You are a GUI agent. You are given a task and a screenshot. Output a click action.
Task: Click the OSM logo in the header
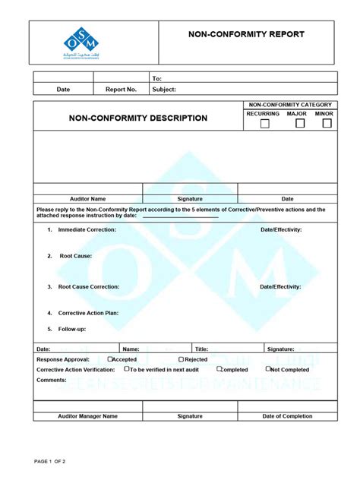click(x=81, y=43)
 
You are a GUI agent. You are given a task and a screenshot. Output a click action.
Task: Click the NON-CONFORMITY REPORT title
click(x=247, y=34)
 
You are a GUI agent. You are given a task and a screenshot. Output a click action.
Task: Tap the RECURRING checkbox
click(x=264, y=124)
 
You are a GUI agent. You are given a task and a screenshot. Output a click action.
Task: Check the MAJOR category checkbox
click(x=300, y=124)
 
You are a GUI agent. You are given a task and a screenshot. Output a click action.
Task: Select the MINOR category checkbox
click(x=327, y=124)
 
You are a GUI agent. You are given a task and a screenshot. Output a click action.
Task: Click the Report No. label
click(x=121, y=89)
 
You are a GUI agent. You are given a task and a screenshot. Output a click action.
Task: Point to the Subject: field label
click(x=164, y=89)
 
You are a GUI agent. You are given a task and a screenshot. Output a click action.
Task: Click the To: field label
click(x=157, y=78)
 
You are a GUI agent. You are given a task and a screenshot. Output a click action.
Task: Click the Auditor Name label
click(x=87, y=199)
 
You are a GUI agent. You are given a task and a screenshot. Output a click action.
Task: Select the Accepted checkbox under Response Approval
click(x=110, y=359)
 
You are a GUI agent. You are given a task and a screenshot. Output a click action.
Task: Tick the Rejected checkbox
click(x=182, y=359)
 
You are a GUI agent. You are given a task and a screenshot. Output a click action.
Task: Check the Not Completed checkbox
click(x=267, y=369)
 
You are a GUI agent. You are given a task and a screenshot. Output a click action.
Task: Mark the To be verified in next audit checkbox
click(x=128, y=369)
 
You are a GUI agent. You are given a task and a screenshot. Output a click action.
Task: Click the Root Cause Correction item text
click(x=89, y=287)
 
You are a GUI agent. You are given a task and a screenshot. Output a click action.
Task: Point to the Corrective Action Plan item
click(x=88, y=313)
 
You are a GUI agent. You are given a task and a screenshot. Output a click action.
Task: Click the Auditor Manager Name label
click(x=87, y=416)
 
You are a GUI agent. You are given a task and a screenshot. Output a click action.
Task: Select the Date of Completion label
click(x=287, y=416)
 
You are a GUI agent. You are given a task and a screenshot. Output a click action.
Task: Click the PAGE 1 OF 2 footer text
click(x=50, y=461)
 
